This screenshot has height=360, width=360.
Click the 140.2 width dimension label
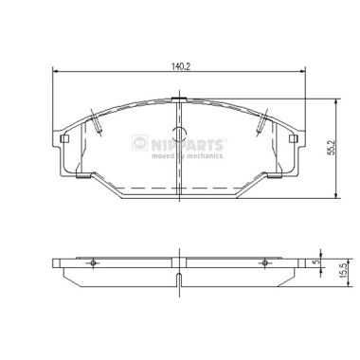click(180, 66)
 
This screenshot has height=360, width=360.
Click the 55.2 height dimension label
click(330, 149)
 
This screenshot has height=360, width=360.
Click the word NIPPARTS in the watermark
click(187, 145)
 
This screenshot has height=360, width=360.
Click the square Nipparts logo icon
click(140, 143)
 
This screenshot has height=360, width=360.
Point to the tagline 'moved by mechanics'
click(187, 155)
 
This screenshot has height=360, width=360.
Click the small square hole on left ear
click(64, 139)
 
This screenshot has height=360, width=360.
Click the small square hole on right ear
click(294, 139)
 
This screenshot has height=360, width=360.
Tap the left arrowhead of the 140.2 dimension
click(55, 72)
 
